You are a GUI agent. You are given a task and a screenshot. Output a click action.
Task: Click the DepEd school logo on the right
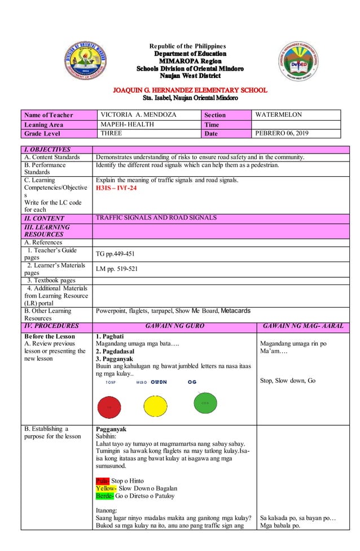[x=300, y=63]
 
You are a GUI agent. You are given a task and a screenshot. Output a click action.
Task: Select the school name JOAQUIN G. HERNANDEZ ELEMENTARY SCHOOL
[x=190, y=90]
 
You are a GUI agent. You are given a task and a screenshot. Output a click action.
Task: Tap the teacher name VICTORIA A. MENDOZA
[x=138, y=115]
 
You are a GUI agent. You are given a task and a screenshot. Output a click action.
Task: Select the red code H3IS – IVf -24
[x=116, y=188]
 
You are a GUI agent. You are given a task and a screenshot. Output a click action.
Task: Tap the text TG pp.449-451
[x=116, y=254]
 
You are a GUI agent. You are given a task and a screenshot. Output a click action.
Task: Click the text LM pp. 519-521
[x=117, y=269]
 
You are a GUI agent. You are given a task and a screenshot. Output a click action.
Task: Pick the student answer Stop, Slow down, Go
[x=288, y=381]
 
